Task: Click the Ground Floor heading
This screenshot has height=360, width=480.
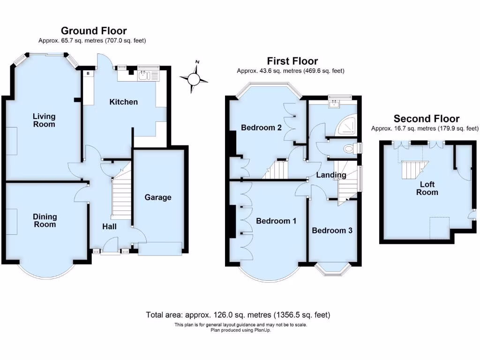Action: click(94, 31)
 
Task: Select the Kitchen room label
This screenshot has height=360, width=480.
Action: click(124, 102)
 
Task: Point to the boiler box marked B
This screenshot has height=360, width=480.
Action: click(88, 74)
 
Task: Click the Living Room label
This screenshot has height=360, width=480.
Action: click(44, 120)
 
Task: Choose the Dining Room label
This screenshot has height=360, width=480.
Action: click(45, 220)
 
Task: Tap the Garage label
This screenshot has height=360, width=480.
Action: click(157, 197)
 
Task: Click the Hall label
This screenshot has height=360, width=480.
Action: click(110, 226)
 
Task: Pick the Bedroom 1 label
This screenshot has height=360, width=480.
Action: click(276, 221)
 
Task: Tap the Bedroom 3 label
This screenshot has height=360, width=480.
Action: click(332, 231)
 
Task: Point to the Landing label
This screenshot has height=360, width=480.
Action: click(331, 175)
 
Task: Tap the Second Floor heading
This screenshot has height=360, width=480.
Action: click(427, 119)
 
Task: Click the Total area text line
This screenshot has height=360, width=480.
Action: click(241, 315)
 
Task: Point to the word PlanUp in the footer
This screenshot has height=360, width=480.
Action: click(262, 330)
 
